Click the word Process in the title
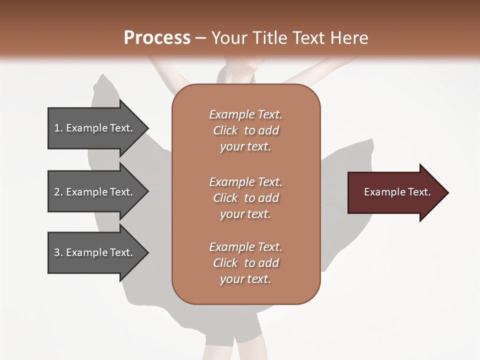tap(157, 38)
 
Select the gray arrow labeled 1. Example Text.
tap(95, 128)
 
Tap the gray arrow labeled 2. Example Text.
tap(95, 192)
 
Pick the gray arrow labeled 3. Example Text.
tap(95, 252)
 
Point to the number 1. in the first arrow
tap(58, 128)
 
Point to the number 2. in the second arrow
tap(58, 192)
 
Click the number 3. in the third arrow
tap(58, 252)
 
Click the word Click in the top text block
tap(225, 130)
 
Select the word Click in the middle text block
tap(225, 198)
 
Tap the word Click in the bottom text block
tap(225, 263)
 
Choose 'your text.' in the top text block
tap(245, 147)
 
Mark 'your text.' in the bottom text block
tap(245, 279)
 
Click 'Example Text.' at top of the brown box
tap(245, 114)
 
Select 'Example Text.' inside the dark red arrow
tap(397, 192)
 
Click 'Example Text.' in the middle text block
tap(245, 182)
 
